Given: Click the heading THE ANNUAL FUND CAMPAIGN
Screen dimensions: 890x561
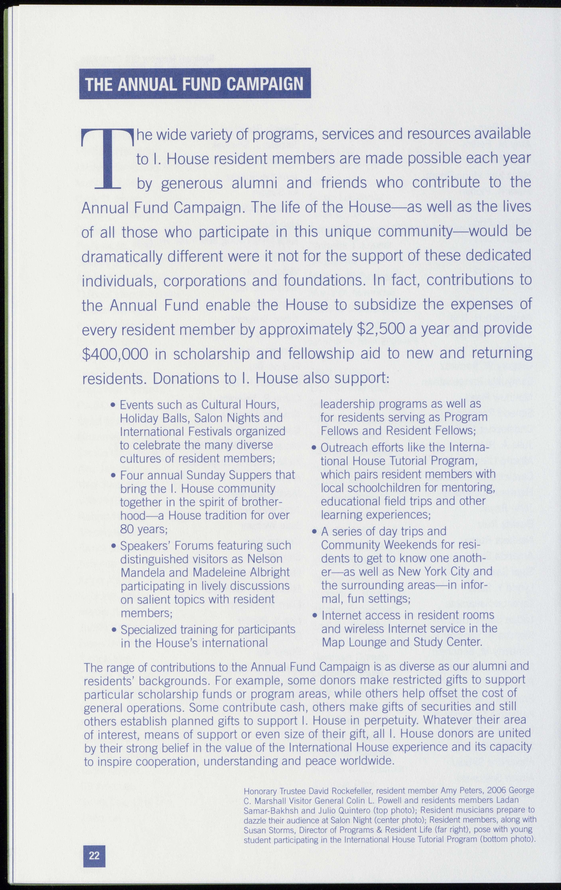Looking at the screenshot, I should point(195,84).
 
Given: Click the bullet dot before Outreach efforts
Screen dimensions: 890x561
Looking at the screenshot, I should point(314,448).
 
